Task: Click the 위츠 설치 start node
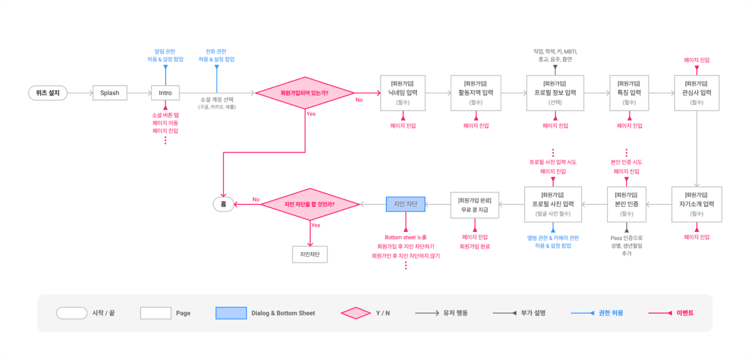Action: (47, 93)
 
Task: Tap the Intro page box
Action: (165, 93)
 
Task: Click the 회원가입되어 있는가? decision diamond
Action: (304, 93)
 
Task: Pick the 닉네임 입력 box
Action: (403, 93)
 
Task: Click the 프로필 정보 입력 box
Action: (555, 93)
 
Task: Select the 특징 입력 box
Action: (629, 93)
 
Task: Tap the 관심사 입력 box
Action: (697, 93)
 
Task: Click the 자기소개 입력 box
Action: (697, 204)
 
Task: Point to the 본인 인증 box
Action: (626, 204)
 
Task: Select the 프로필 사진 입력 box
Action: (553, 204)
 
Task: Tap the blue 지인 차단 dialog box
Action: (406, 204)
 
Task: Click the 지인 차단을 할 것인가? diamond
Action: (310, 204)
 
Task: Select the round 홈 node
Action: (223, 204)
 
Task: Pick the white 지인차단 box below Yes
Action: (310, 254)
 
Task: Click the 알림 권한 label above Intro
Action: (165, 51)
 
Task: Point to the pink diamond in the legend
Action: (357, 312)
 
